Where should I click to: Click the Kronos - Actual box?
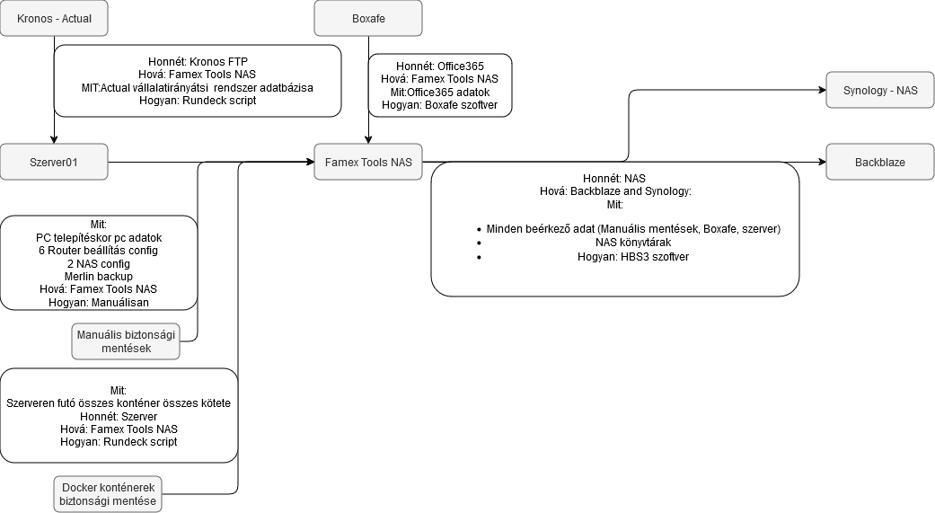[54, 18]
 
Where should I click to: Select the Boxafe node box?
[368, 18]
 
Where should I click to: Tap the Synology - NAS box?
[880, 91]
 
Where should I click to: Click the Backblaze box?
[880, 163]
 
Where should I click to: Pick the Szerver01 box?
[54, 163]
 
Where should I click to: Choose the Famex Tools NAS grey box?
[368, 163]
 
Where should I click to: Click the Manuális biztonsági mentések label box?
[126, 341]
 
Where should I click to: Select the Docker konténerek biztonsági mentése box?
[108, 493]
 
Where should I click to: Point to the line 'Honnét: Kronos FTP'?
[198, 62]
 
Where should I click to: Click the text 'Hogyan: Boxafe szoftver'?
[440, 105]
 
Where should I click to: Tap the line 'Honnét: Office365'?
[440, 66]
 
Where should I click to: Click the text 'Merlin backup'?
[99, 277]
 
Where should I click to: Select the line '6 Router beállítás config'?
[99, 251]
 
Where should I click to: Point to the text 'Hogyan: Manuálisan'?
[99, 303]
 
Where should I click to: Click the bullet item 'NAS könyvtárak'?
[633, 243]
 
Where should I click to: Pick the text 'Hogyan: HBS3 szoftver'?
[633, 256]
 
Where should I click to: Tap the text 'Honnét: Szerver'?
[119, 417]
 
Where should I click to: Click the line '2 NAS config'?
[99, 264]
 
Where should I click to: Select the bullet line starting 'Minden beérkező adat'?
[633, 229]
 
